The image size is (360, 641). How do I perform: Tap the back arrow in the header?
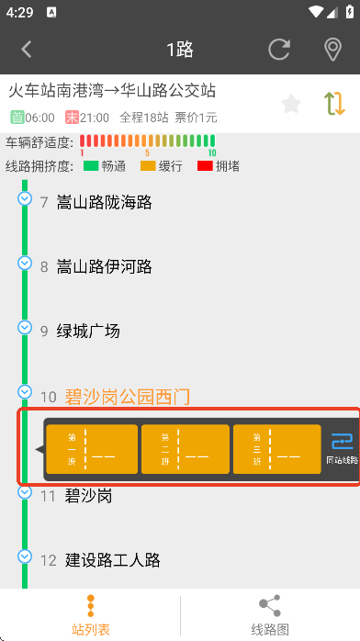click(x=27, y=50)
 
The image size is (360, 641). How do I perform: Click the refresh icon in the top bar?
click(x=279, y=50)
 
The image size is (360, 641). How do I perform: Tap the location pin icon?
click(x=332, y=50)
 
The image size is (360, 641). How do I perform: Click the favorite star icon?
click(x=291, y=104)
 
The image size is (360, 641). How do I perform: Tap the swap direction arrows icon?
click(x=334, y=104)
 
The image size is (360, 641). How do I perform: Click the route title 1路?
click(x=180, y=50)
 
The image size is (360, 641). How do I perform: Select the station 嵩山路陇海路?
click(x=104, y=202)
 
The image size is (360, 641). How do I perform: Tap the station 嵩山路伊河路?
click(x=104, y=266)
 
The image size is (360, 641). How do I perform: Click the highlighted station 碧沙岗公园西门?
click(x=127, y=397)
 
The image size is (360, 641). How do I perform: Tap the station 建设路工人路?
click(x=112, y=559)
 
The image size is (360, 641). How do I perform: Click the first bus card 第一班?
click(x=92, y=450)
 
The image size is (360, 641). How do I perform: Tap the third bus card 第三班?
click(x=279, y=450)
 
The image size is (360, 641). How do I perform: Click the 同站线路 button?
click(x=342, y=448)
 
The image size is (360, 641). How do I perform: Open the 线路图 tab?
click(x=270, y=615)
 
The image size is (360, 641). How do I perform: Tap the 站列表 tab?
click(x=90, y=615)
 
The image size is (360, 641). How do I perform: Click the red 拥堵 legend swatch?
click(x=205, y=166)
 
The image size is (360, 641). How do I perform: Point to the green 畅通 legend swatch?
click(x=91, y=166)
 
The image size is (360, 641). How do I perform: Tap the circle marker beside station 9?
click(x=25, y=328)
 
